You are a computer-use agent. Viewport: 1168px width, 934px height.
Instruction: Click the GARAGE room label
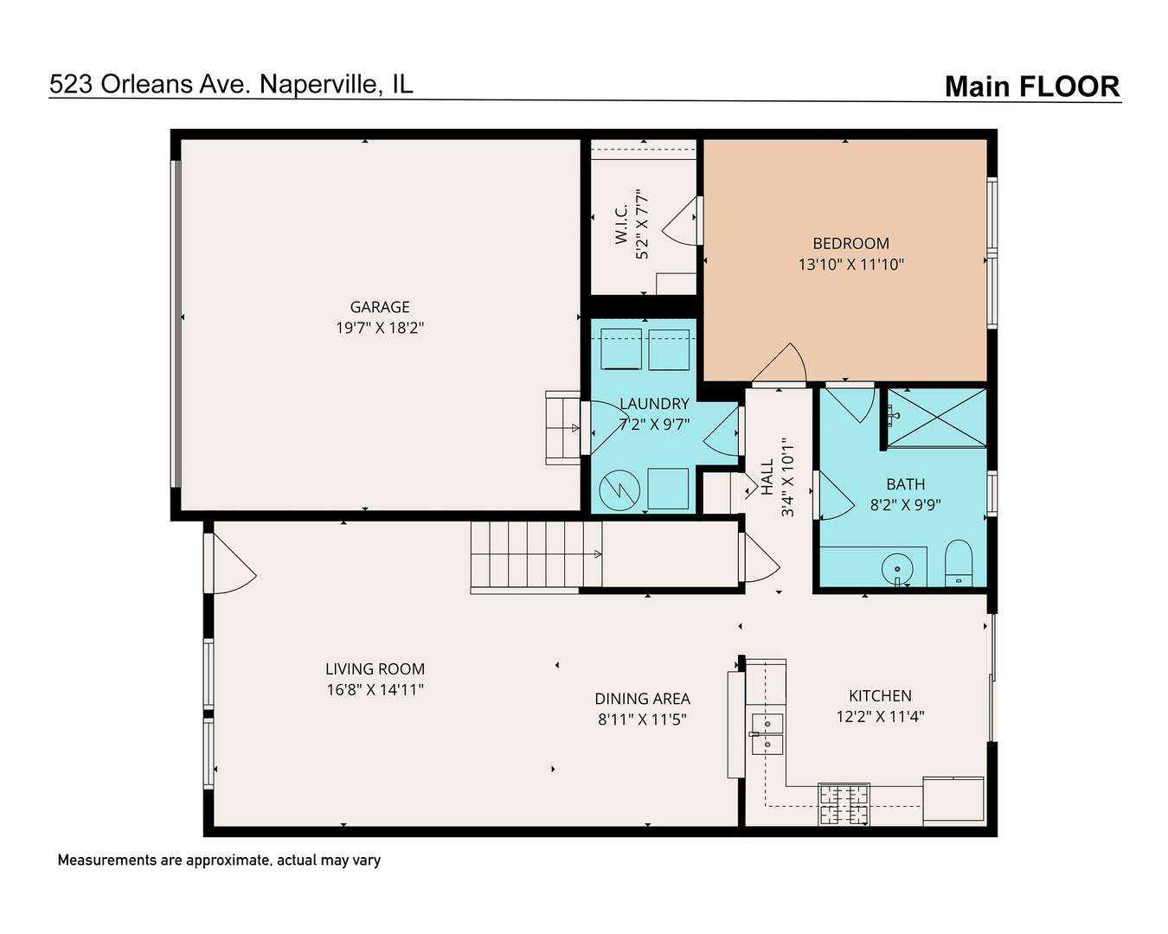380,307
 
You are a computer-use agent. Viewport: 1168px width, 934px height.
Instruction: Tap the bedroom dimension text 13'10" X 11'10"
850,265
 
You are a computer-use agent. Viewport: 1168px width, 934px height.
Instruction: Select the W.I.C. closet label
622,224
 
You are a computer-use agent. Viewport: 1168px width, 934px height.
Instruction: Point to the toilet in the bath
958,563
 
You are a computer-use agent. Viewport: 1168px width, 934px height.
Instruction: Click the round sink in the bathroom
897,569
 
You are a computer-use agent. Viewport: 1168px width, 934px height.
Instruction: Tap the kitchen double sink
767,733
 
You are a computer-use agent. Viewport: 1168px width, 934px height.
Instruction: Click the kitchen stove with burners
844,803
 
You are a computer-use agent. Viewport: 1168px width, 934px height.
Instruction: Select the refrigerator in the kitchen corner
953,800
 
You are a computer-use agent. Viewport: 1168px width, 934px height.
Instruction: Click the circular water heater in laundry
619,490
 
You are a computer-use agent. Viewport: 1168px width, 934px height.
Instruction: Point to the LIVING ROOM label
375,669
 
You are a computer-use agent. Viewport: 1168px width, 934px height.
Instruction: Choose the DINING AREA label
642,699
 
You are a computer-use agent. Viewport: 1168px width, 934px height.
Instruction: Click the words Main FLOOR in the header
1031,86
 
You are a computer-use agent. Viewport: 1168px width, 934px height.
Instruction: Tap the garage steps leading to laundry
562,427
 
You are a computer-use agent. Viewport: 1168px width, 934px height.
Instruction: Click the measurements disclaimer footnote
219,860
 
